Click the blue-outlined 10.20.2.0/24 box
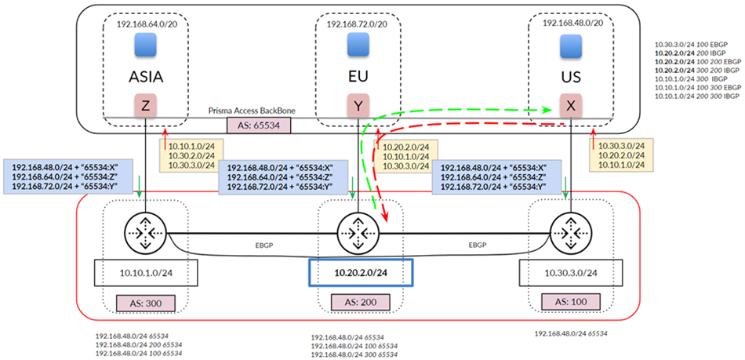(x=361, y=273)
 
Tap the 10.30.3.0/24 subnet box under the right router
(x=572, y=272)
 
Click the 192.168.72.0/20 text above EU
(x=358, y=25)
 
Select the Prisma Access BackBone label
(x=250, y=111)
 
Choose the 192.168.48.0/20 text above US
(x=572, y=24)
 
